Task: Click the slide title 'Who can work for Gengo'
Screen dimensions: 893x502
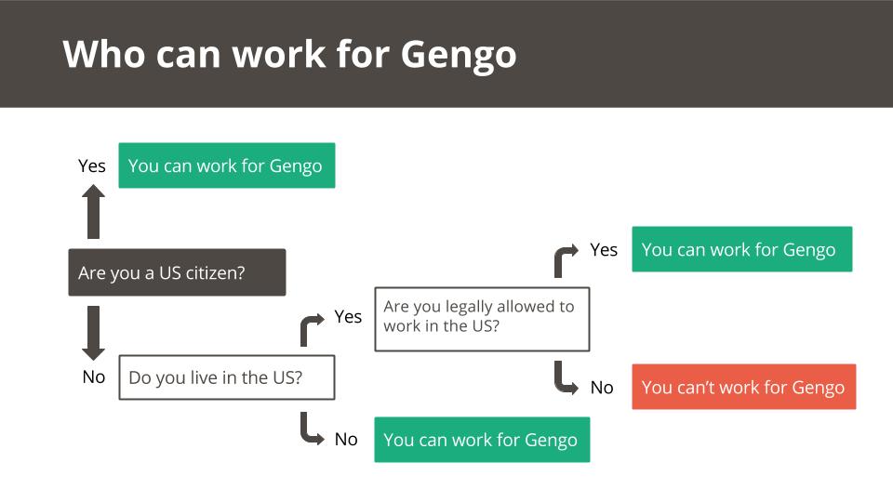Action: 289,55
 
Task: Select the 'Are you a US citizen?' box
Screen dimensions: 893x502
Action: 177,272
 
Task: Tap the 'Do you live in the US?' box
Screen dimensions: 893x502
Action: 227,377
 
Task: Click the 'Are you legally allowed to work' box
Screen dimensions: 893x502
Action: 482,319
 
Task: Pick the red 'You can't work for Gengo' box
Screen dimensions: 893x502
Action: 744,387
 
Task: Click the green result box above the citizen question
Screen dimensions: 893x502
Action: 227,165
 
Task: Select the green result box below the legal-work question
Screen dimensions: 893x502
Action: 482,440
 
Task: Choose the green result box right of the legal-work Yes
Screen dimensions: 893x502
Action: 742,249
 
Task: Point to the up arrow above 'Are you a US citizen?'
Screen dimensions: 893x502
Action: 93,212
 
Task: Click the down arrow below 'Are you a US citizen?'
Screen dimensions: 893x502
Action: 93,333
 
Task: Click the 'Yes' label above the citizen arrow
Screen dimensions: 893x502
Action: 92,165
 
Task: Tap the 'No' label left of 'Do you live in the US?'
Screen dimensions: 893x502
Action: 93,376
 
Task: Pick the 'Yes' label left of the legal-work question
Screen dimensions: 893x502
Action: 348,316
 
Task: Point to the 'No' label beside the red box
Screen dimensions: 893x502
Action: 602,388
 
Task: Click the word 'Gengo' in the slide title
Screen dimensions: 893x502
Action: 459,57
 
